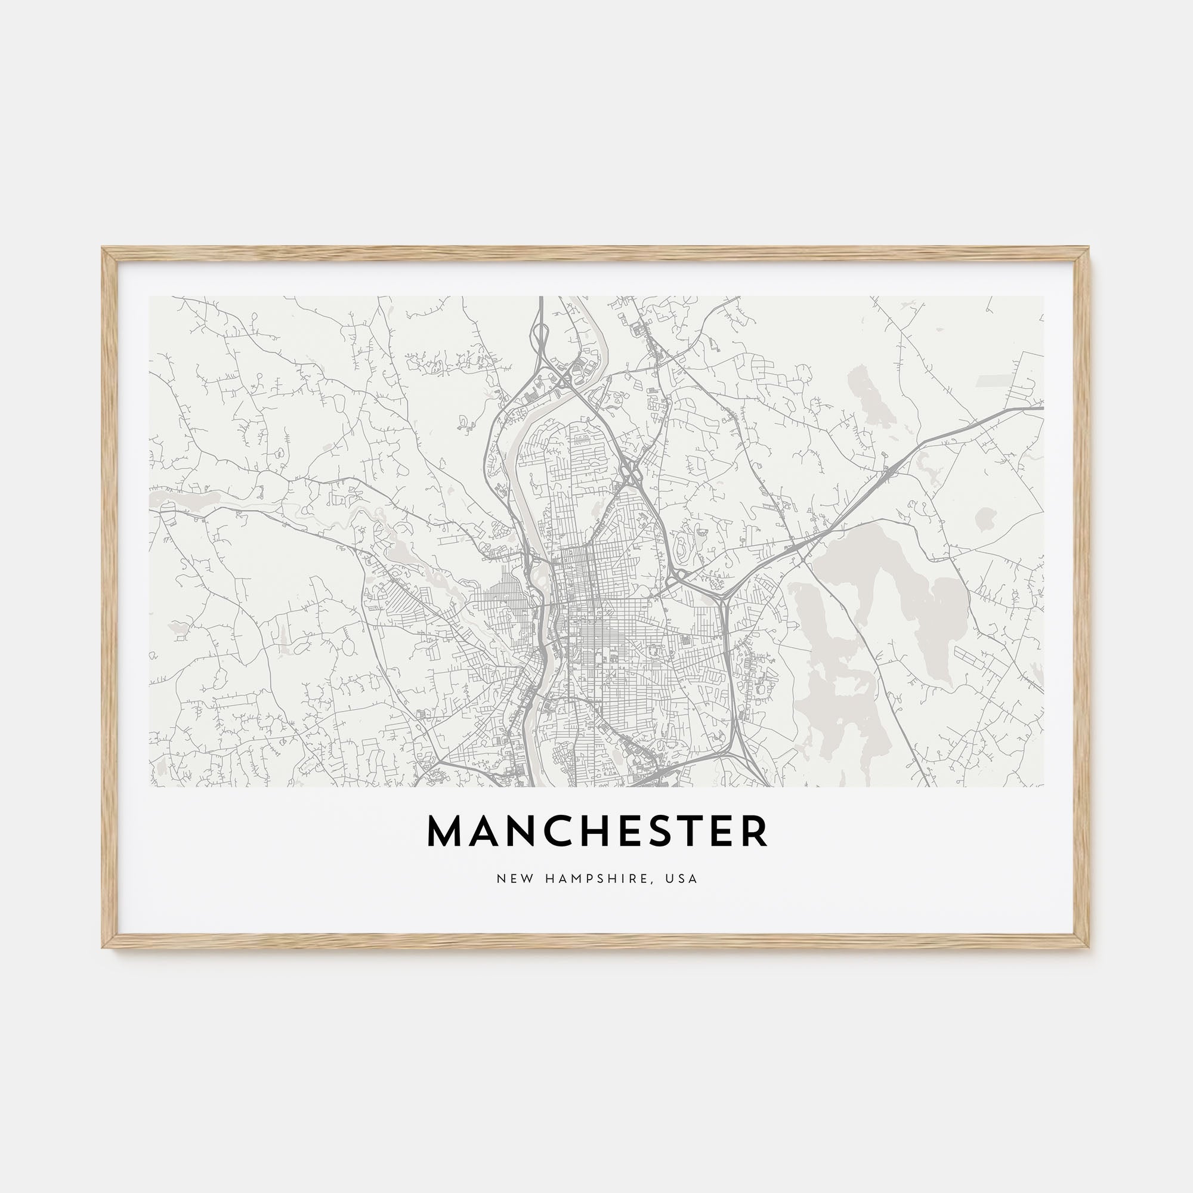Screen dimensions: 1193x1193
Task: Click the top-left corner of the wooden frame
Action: [x=104, y=249]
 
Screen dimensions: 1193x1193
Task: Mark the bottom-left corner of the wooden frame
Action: [x=104, y=947]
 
